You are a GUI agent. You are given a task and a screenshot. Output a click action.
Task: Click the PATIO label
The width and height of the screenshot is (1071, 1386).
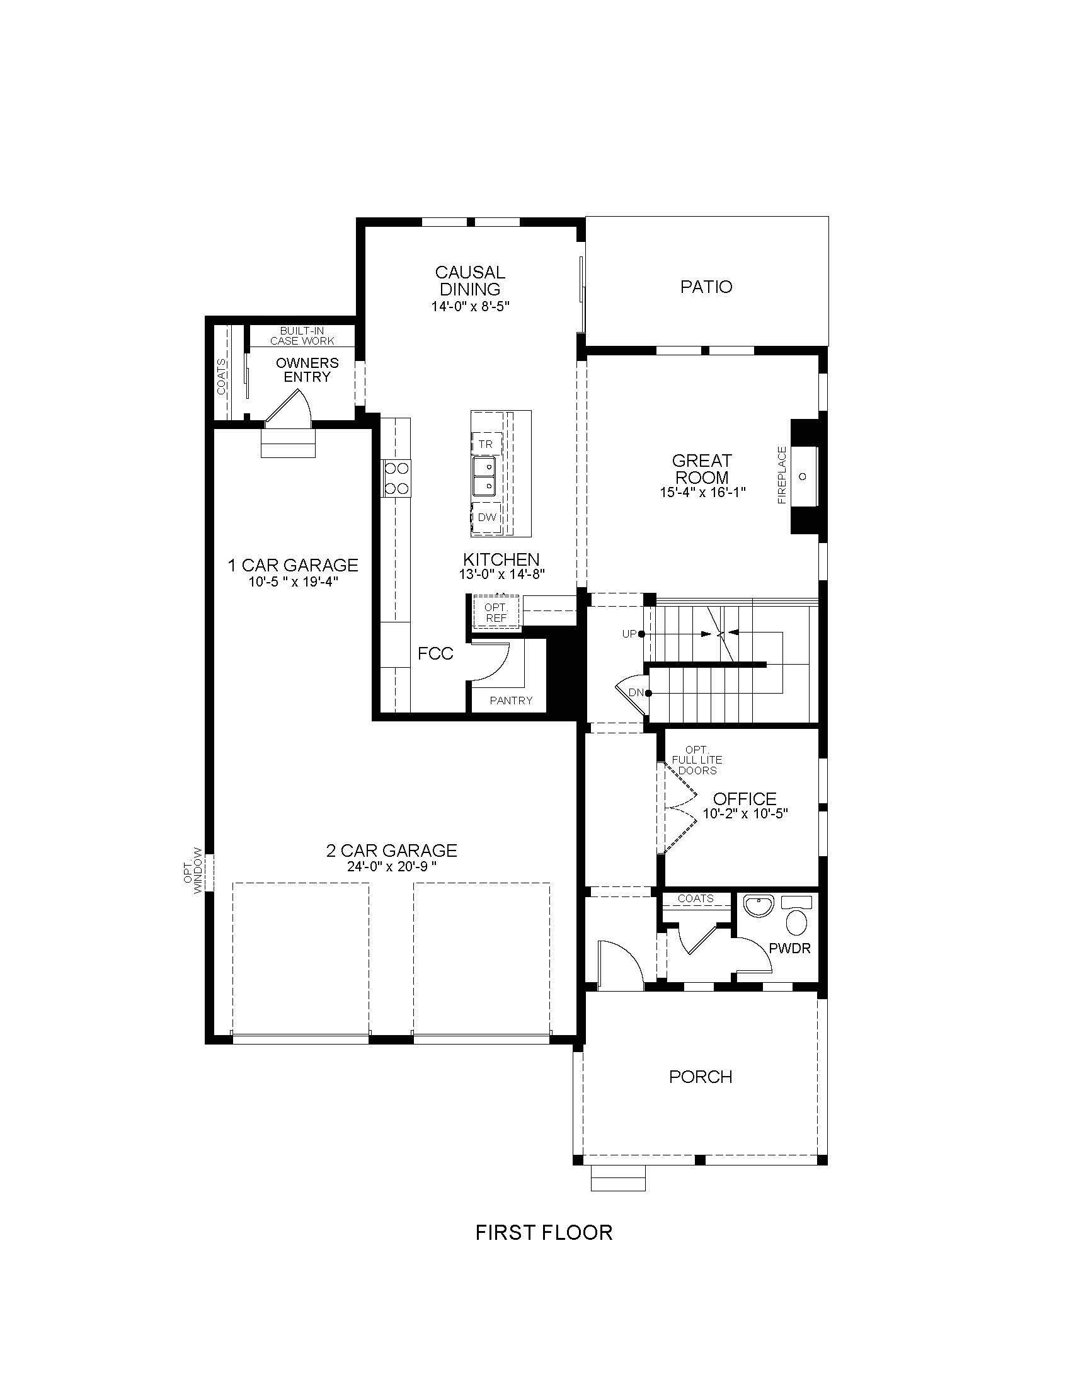(706, 287)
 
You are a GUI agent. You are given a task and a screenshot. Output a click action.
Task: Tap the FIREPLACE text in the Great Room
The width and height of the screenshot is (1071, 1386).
(782, 474)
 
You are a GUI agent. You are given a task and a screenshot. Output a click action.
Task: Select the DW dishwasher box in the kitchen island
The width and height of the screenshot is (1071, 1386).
(486, 517)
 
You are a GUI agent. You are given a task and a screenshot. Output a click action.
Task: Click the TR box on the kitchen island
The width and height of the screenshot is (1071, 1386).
(486, 444)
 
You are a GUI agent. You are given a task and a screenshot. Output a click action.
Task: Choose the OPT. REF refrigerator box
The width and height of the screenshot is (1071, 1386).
(496, 612)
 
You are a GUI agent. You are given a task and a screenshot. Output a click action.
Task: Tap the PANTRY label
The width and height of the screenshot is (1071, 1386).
(511, 701)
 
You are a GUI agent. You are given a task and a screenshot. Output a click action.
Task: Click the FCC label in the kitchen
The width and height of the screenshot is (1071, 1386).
(435, 654)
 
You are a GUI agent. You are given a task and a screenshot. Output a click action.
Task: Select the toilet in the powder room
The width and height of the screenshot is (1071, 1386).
(796, 916)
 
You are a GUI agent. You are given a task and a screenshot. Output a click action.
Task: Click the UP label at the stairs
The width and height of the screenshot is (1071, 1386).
(629, 634)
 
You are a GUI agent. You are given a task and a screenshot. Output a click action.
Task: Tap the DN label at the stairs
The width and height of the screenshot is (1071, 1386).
(636, 692)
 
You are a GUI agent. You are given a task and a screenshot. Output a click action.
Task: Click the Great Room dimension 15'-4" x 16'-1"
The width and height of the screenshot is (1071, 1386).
(702, 491)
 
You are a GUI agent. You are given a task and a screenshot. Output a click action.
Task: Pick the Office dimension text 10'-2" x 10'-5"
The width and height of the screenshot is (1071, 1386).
(745, 813)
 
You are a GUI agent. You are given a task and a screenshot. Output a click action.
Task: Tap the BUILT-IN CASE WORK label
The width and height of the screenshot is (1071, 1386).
(302, 336)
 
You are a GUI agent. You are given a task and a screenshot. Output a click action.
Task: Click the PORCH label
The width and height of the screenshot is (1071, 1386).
(701, 1077)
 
